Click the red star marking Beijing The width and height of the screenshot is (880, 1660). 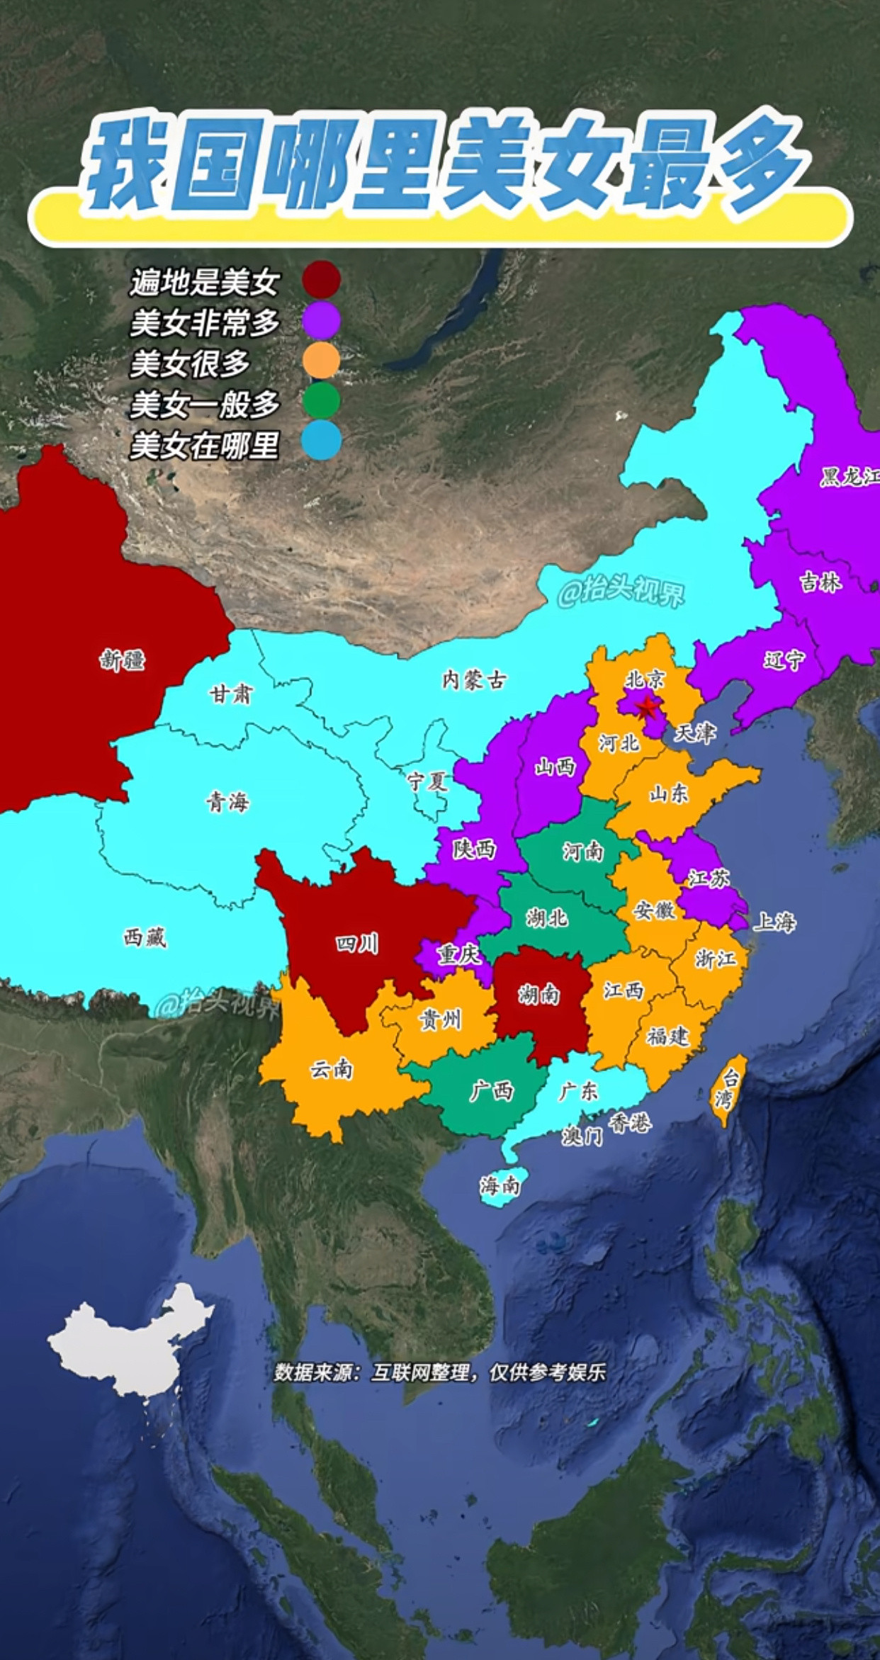coord(646,706)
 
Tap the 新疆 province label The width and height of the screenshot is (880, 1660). coord(123,660)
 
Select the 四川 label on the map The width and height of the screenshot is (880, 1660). coord(356,944)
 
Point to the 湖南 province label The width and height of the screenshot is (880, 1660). coord(539,995)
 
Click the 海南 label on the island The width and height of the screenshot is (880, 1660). coord(500,1184)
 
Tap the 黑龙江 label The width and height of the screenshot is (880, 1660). coord(849,477)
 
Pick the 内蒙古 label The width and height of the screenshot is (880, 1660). coord(474,680)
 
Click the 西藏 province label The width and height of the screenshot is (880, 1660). coord(145,937)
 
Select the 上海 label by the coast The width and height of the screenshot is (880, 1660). coord(774,922)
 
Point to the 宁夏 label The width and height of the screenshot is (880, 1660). coord(427,781)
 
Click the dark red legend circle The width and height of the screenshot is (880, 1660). coord(321,279)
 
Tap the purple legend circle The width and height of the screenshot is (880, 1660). coord(321,320)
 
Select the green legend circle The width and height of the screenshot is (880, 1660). coord(321,401)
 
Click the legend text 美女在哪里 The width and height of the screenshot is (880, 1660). coord(205,446)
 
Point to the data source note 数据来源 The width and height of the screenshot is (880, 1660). coord(439,1372)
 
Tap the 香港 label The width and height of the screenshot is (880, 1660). coord(629,1123)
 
